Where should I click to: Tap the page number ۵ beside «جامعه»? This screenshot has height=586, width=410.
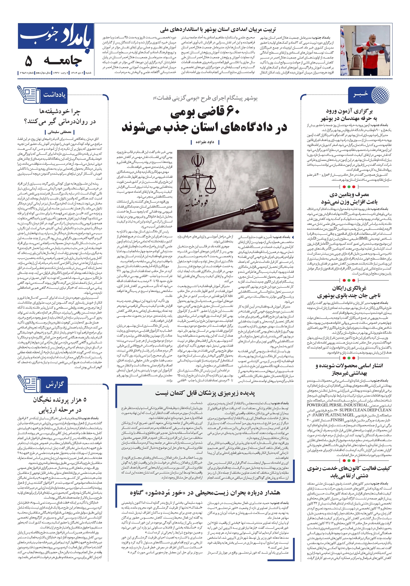point(29,61)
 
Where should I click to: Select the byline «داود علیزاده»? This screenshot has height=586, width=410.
point(205,142)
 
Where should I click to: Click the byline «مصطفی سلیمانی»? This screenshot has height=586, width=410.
point(59,132)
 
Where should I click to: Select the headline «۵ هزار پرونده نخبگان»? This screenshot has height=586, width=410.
point(59,400)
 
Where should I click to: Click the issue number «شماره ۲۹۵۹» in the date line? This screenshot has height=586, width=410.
point(27,73)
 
